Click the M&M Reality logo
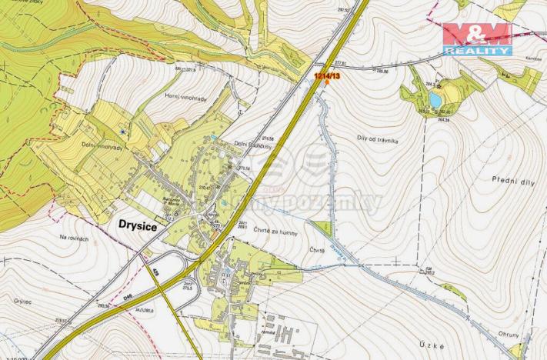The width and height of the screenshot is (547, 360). (477, 38)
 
